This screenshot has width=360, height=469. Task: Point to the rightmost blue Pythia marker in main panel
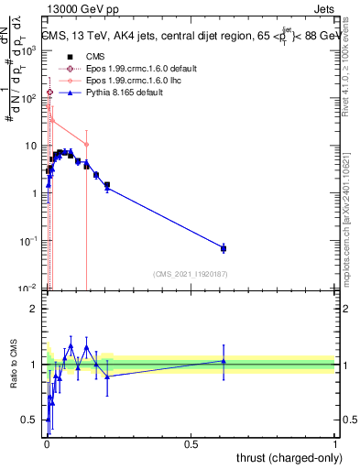[x=224, y=248]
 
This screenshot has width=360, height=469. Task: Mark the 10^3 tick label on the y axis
[x=29, y=51]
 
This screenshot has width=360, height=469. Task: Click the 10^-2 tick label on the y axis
[x=29, y=289]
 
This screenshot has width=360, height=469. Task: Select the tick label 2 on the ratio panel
[x=35, y=309]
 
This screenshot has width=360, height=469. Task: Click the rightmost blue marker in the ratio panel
[x=224, y=361]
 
